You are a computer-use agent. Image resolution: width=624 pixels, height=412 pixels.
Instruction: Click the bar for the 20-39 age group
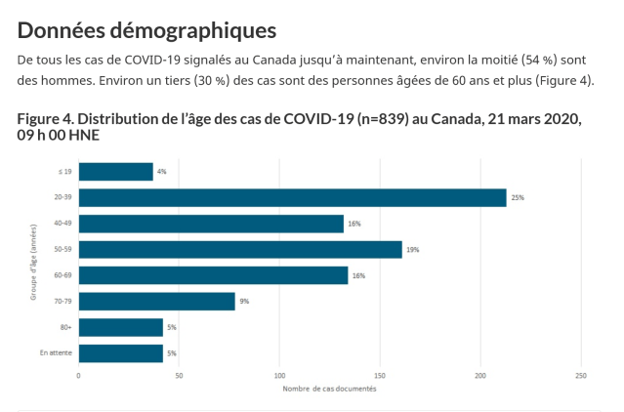pyautogui.click(x=292, y=197)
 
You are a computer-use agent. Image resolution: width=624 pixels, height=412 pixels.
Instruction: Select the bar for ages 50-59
pyautogui.click(x=240, y=249)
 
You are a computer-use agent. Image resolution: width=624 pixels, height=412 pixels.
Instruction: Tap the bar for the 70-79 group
pyautogui.click(x=156, y=301)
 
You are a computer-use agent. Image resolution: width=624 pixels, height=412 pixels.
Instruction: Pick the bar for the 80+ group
pyautogui.click(x=120, y=327)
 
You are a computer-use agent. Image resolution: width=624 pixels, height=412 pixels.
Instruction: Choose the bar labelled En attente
pyautogui.click(x=120, y=352)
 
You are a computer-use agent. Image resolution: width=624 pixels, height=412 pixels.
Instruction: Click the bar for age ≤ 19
pyautogui.click(x=115, y=172)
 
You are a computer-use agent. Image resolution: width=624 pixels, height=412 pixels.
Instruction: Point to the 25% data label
pyautogui.click(x=518, y=197)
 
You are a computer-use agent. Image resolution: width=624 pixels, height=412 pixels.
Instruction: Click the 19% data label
pyautogui.click(x=412, y=250)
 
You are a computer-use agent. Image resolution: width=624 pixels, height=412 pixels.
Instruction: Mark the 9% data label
pyautogui.click(x=244, y=302)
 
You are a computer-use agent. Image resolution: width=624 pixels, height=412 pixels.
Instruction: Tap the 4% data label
pyautogui.click(x=161, y=172)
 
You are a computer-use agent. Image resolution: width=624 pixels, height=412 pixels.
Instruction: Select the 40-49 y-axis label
pyautogui.click(x=62, y=224)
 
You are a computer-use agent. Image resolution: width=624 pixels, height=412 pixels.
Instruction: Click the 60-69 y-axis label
pyautogui.click(x=62, y=275)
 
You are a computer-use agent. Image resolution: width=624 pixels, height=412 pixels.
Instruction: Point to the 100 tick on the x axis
pyautogui.click(x=279, y=375)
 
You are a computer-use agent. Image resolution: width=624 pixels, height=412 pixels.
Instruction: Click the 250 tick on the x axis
pyautogui.click(x=581, y=375)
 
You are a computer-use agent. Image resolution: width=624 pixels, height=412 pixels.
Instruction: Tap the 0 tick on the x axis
pyautogui.click(x=78, y=375)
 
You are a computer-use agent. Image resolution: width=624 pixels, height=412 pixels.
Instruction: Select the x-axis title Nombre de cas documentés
pyautogui.click(x=330, y=390)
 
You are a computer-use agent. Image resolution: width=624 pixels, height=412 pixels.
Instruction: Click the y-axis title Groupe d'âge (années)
pyautogui.click(x=33, y=262)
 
